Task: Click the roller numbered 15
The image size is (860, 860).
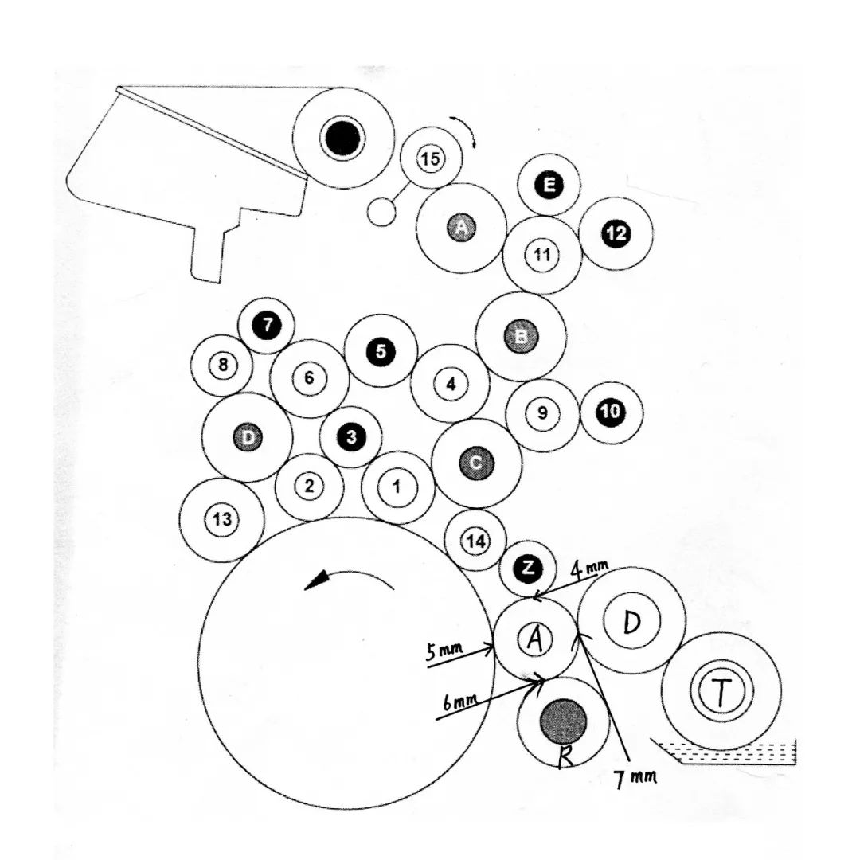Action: [430, 158]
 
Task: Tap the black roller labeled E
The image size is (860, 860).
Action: [549, 186]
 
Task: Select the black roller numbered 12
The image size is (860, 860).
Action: [616, 233]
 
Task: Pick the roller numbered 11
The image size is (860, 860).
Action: [542, 255]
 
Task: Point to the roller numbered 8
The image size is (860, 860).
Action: [222, 365]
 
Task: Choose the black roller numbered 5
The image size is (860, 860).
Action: [381, 350]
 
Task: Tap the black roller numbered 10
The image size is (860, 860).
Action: [611, 412]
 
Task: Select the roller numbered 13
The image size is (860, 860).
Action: [222, 520]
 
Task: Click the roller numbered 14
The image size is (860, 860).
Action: [475, 541]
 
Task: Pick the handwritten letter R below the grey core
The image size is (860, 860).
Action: [565, 756]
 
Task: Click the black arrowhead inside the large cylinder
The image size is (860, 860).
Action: [317, 582]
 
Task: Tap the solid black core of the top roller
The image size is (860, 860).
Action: [343, 139]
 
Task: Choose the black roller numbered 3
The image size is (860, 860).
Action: [351, 436]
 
